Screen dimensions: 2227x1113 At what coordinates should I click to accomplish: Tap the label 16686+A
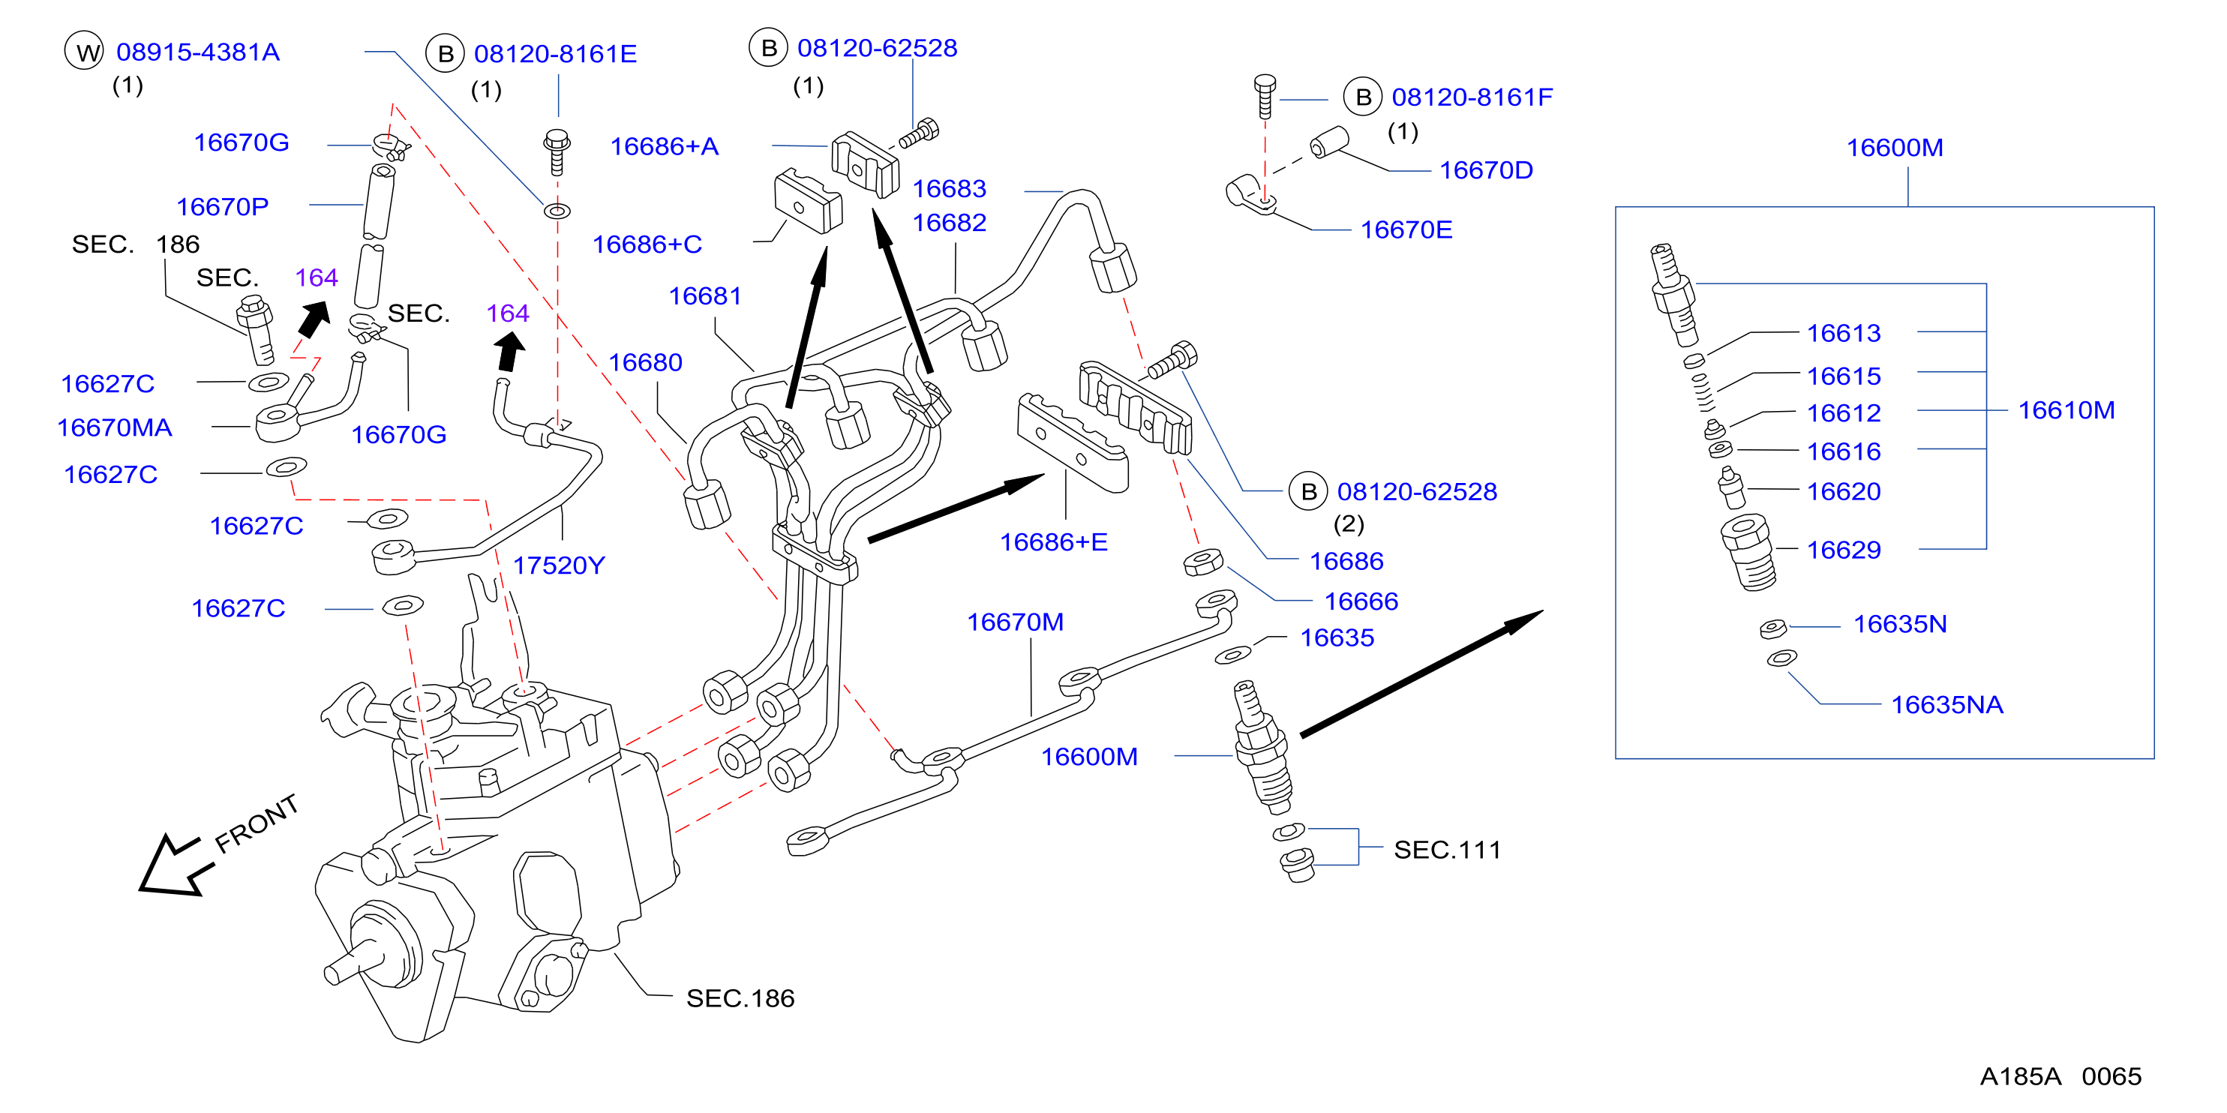(664, 147)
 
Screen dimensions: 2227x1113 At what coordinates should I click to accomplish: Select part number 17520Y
(559, 566)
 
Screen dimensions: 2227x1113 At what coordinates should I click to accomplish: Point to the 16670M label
(1015, 622)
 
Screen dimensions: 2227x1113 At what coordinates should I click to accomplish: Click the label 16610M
(2066, 410)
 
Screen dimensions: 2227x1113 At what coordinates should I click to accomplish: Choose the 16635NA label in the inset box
(1947, 705)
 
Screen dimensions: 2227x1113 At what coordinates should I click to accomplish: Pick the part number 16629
(1843, 550)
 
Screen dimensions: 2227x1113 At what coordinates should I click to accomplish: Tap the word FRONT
(256, 823)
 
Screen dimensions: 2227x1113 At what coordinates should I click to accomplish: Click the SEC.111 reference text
(1446, 850)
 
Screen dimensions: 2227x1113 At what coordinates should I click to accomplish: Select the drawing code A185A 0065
(2060, 1077)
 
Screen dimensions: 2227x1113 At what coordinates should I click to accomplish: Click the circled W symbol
(85, 52)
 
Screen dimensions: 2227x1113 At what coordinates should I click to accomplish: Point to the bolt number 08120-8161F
(1472, 97)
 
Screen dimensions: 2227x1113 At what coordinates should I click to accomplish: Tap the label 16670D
(1485, 171)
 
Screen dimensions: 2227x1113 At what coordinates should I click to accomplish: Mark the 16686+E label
(1053, 543)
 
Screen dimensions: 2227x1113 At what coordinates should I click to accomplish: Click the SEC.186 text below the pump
(740, 999)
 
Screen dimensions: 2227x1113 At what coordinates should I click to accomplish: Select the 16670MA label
(114, 427)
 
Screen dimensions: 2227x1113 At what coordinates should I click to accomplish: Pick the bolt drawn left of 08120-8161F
(1265, 96)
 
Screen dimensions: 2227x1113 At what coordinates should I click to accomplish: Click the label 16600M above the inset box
(1894, 148)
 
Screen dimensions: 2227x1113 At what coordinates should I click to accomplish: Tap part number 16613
(1843, 334)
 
